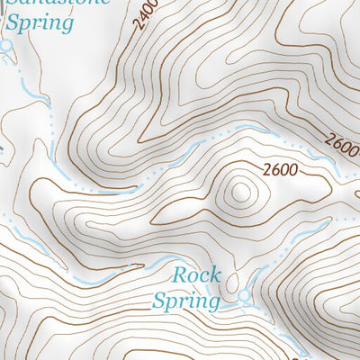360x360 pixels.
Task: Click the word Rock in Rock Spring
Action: pos(196,274)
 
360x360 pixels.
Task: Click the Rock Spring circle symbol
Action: pos(243,298)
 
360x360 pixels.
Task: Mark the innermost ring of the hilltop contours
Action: pos(241,191)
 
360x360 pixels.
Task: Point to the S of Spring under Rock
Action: pos(159,299)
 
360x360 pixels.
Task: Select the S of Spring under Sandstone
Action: pos(13,22)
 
